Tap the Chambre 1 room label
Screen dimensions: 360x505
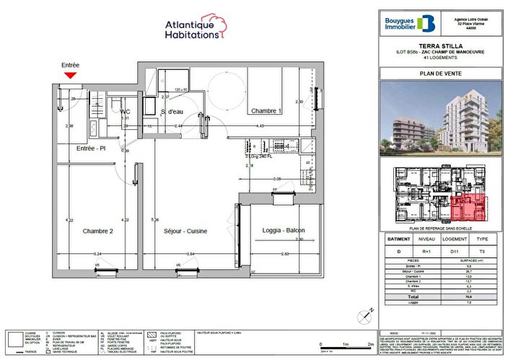pyautogui.click(x=265, y=111)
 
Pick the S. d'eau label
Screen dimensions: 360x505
pyautogui.click(x=172, y=112)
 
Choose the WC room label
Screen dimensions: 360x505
pyautogui.click(x=125, y=112)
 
